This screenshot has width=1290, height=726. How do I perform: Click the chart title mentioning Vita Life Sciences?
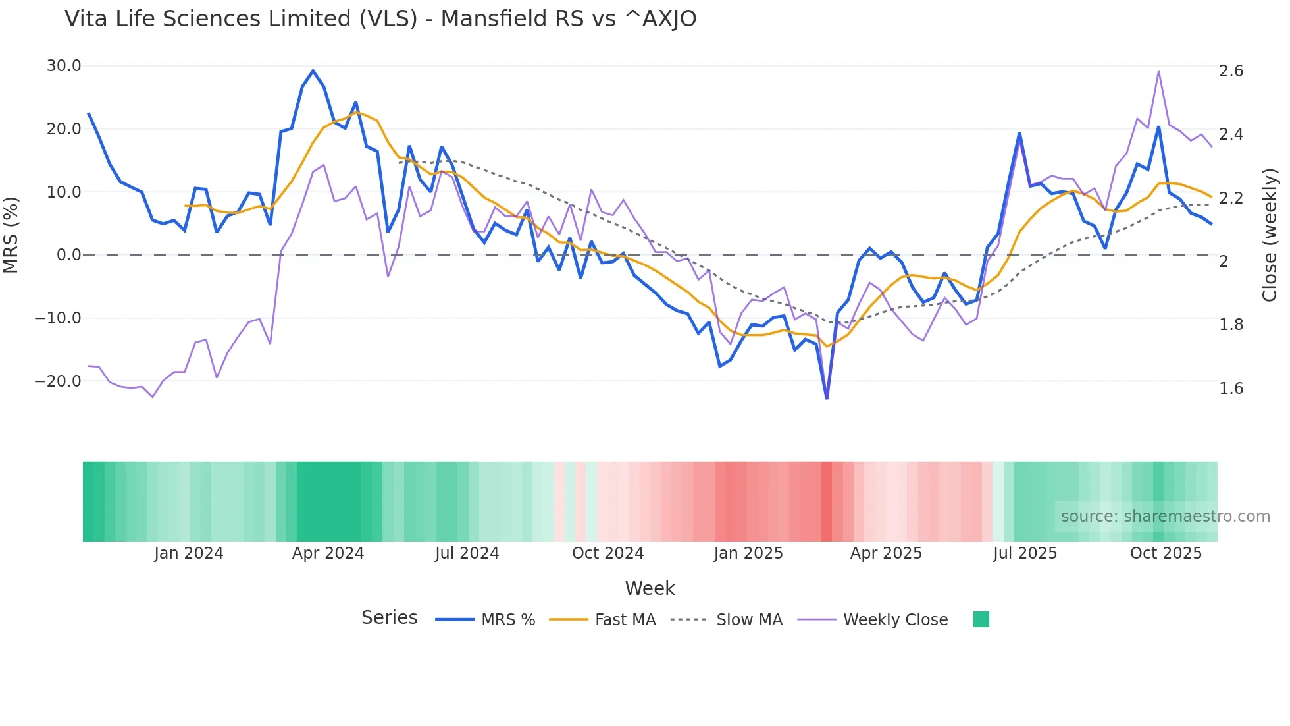click(x=380, y=19)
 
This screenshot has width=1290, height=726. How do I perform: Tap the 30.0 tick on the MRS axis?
click(x=64, y=66)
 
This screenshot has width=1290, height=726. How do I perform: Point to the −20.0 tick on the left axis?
click(x=59, y=381)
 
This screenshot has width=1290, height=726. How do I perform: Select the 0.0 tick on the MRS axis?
click(x=69, y=255)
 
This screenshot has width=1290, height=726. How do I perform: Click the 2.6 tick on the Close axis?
click(x=1231, y=71)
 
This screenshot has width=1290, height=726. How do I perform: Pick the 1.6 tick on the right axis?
click(x=1231, y=389)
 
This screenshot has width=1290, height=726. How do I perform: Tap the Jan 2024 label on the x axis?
click(x=189, y=553)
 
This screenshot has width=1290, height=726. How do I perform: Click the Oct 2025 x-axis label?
click(x=1166, y=553)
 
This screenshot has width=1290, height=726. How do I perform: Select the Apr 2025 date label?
click(x=886, y=553)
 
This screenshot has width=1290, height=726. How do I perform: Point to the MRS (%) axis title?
click(x=11, y=235)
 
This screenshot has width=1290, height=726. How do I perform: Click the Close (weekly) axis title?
click(x=1270, y=235)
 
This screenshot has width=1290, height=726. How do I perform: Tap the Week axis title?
click(x=650, y=588)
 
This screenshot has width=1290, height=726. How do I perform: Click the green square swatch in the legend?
click(x=981, y=619)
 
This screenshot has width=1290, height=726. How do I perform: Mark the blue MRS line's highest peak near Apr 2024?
click(x=313, y=70)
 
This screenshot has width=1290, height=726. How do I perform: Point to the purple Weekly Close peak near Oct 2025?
click(x=1158, y=72)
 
